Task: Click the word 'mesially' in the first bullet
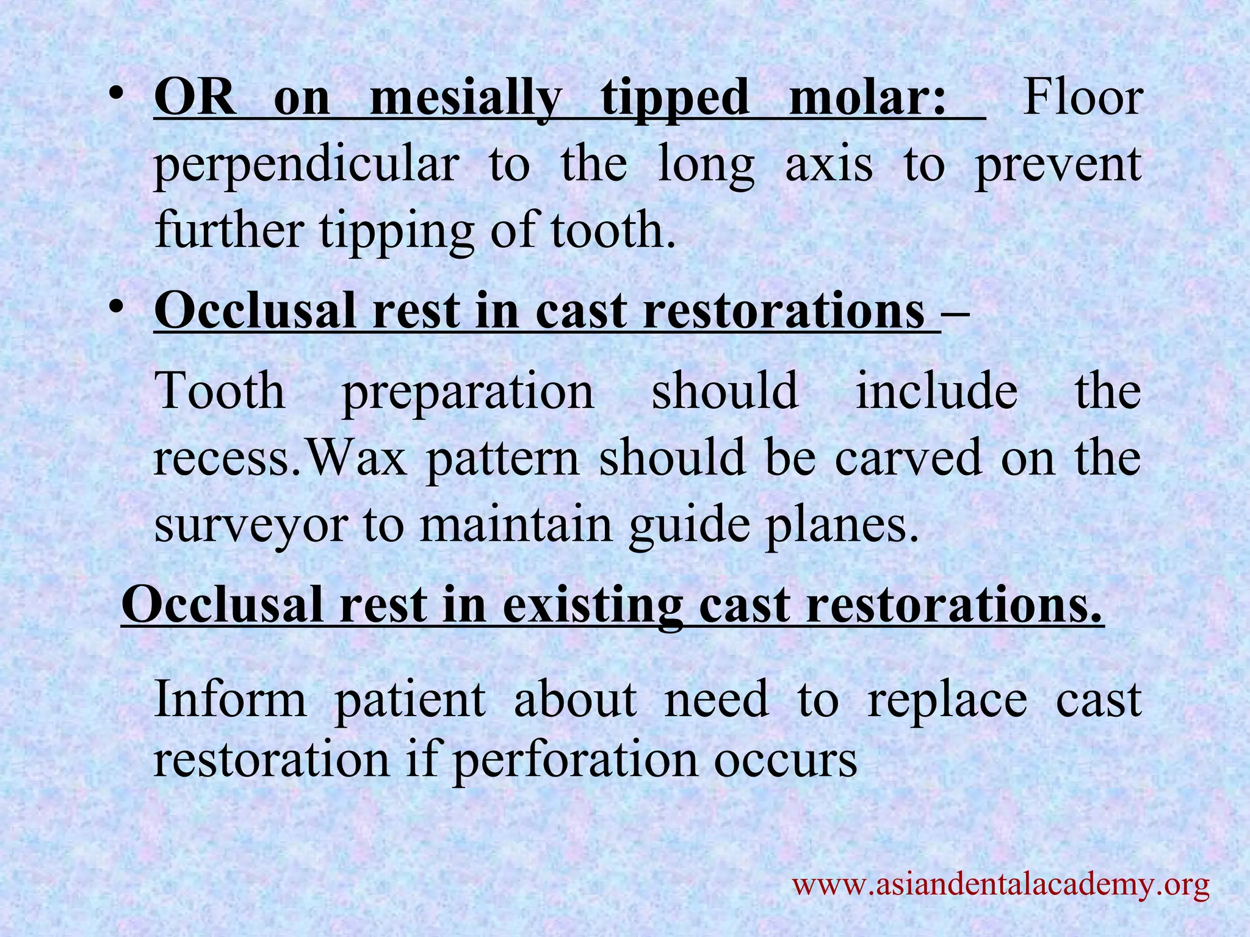coord(464,99)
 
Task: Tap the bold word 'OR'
coord(195,99)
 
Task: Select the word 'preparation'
coord(468,393)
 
